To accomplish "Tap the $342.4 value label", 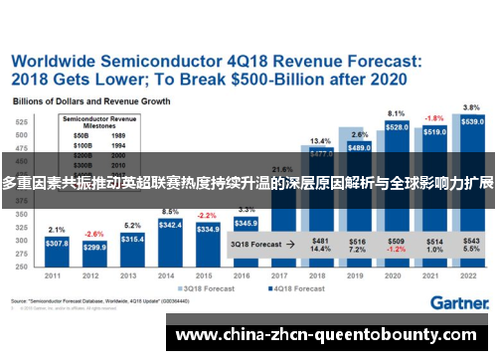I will [x=170, y=226].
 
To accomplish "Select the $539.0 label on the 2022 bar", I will [x=472, y=121].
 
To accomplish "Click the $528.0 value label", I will [x=397, y=127].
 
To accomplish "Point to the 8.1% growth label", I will [x=397, y=113].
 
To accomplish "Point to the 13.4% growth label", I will [x=320, y=141].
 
